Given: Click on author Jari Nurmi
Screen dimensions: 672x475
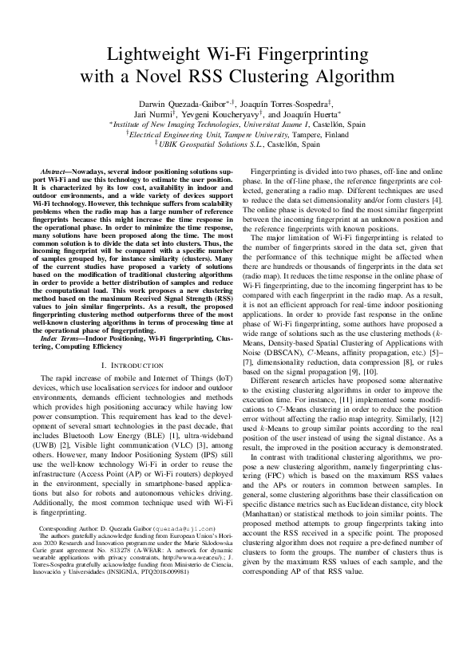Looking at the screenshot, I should point(179,115).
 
